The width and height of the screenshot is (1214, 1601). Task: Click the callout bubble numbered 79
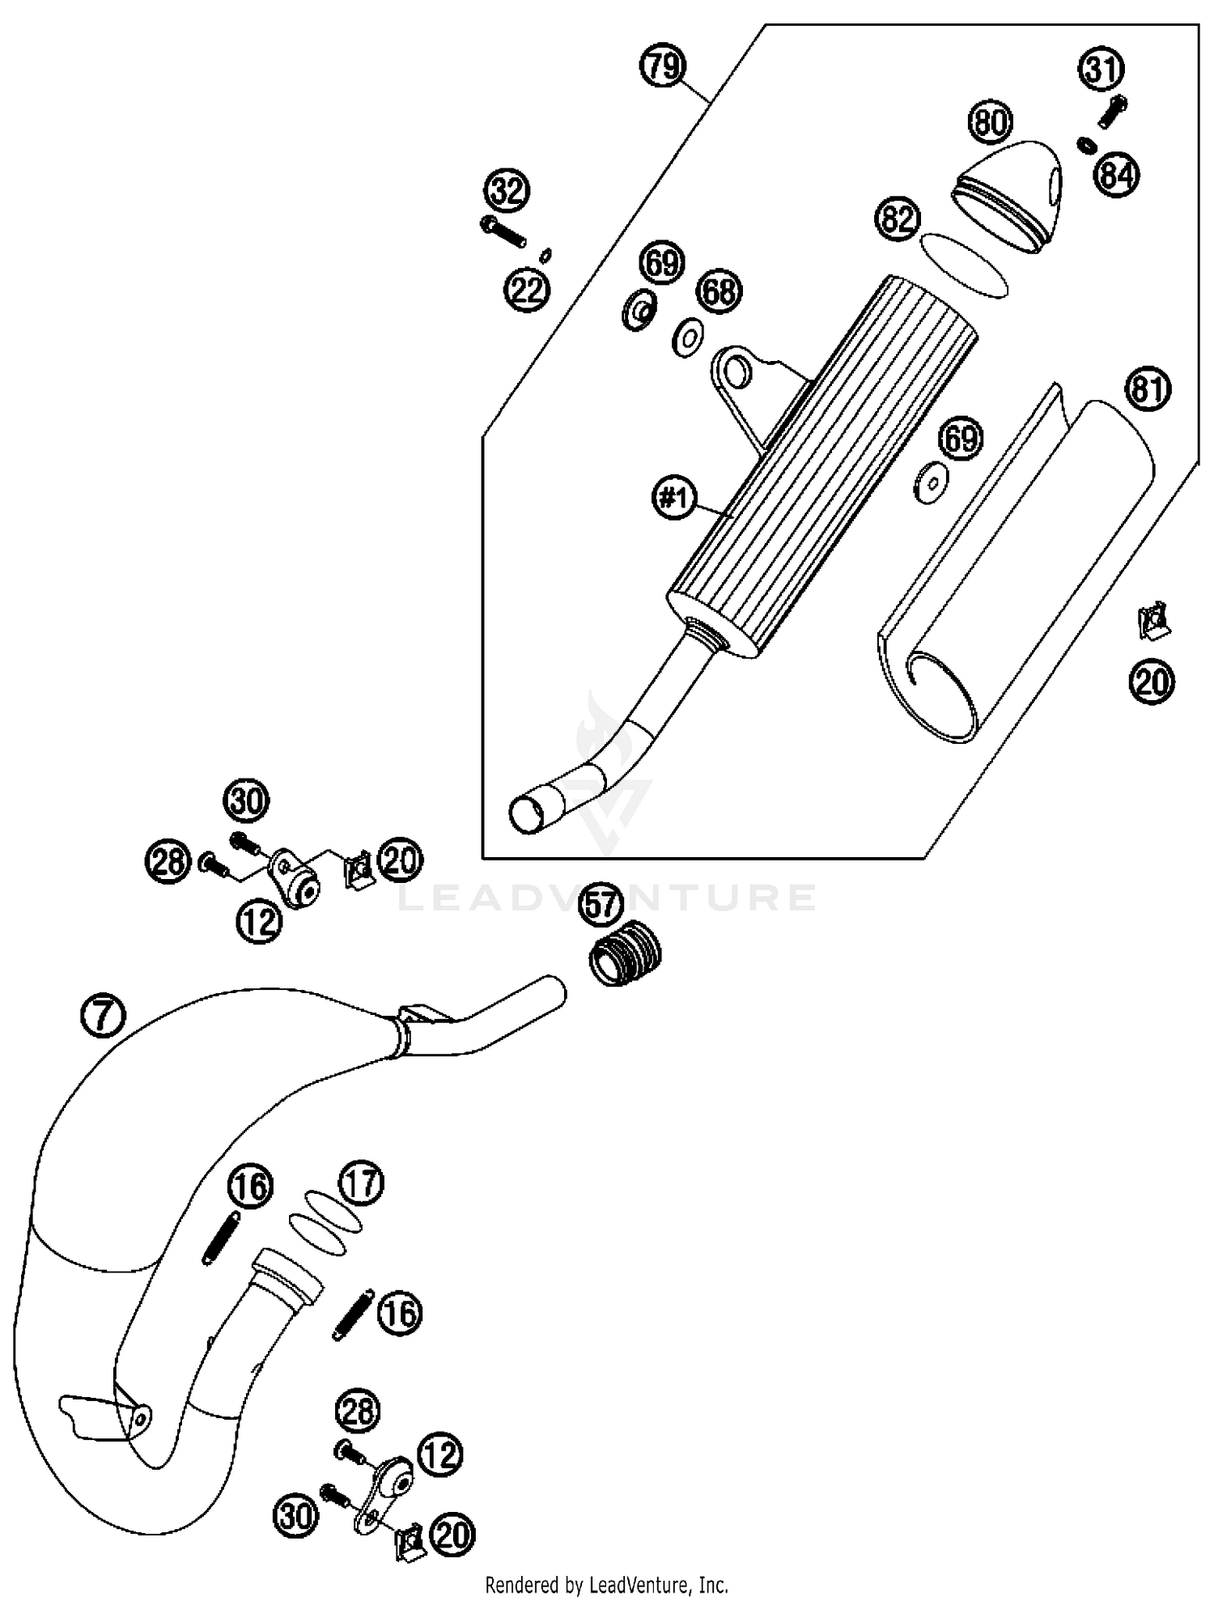[x=663, y=66]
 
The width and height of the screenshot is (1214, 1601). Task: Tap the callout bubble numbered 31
[x=1102, y=70]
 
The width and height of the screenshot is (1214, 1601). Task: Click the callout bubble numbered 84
[x=1118, y=174]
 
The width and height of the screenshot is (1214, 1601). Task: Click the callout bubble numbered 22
[x=528, y=289]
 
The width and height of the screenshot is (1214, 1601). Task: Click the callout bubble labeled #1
[x=673, y=498]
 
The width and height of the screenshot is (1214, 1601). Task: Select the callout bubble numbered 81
[x=1148, y=390]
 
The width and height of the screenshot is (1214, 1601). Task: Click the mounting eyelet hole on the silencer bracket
[x=737, y=372]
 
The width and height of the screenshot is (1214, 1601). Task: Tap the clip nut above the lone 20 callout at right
[x=1153, y=622]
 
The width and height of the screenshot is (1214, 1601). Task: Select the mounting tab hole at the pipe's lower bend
[x=141, y=1417]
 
